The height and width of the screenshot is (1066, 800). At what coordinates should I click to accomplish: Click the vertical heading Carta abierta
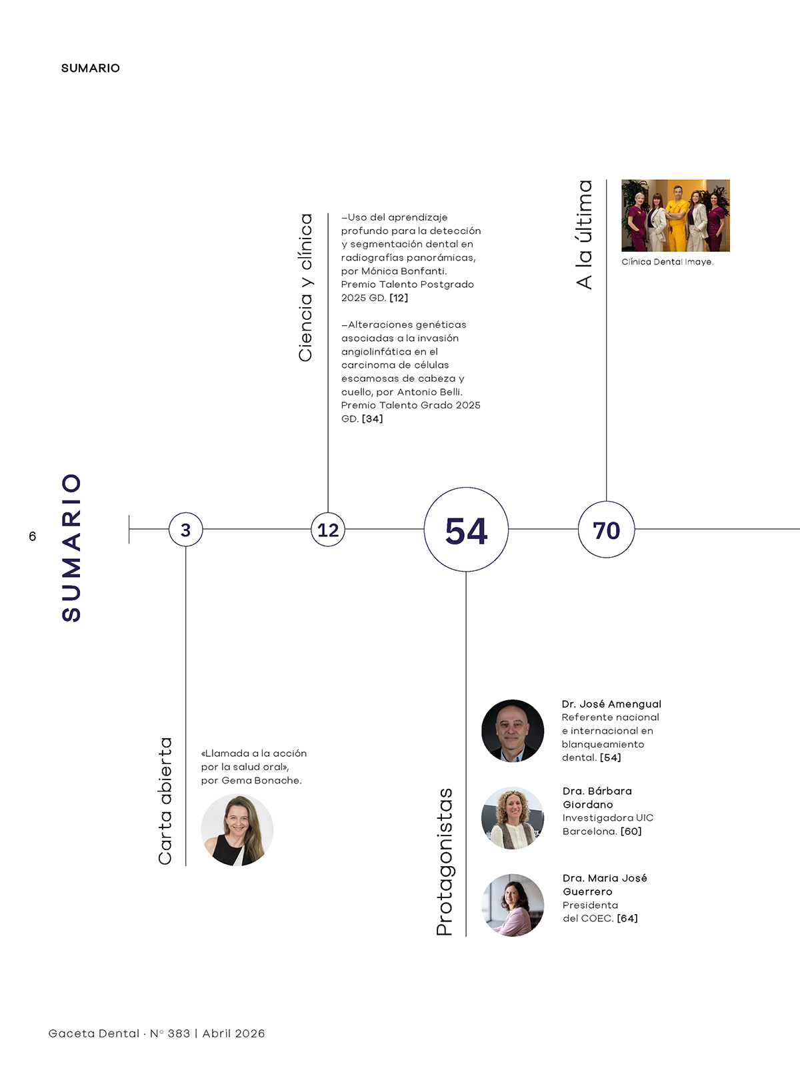(165, 801)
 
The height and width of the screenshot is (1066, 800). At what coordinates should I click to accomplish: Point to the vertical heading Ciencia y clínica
(305, 288)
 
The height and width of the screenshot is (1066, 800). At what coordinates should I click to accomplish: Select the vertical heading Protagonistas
(445, 861)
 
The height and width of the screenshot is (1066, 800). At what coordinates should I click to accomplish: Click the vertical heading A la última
(584, 235)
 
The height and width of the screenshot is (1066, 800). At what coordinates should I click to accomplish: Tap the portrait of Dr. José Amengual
(513, 730)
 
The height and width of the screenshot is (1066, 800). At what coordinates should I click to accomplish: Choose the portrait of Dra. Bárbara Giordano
(513, 818)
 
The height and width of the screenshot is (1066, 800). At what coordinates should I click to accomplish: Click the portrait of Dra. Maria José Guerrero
(513, 905)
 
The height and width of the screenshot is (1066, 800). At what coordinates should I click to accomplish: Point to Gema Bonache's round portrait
(237, 830)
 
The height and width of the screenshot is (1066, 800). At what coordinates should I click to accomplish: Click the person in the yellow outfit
(677, 219)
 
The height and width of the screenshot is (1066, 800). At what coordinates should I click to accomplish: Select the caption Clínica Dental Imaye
(667, 262)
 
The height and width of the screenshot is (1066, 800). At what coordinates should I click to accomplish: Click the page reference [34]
(372, 418)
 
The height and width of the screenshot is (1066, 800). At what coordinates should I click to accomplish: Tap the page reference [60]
(631, 831)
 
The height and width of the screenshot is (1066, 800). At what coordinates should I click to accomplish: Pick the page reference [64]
(627, 918)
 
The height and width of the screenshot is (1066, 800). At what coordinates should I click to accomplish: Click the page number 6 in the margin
(33, 536)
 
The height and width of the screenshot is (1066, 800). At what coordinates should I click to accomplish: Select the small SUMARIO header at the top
(91, 68)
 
